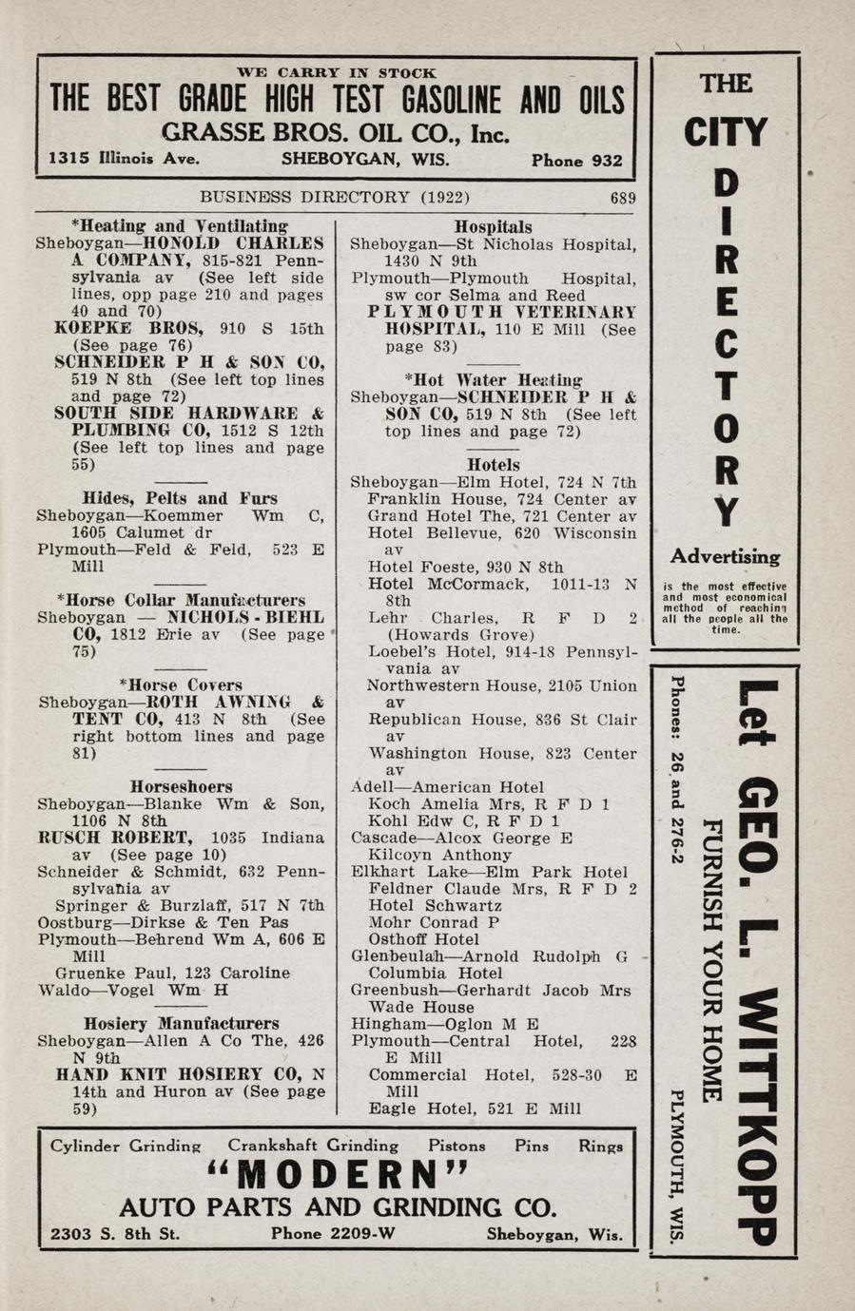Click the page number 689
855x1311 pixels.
point(623,199)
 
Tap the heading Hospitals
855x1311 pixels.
point(493,227)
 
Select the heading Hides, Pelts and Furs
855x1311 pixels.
point(180,498)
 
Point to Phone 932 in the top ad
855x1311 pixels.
point(576,161)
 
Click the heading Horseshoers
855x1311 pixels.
point(181,786)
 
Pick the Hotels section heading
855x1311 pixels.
point(493,465)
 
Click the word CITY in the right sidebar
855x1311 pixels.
point(726,132)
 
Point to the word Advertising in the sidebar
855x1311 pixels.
point(725,557)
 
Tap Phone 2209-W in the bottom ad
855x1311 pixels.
point(333,1234)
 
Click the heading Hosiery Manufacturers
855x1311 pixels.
point(181,1024)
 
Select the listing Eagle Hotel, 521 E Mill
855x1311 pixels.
point(475,1109)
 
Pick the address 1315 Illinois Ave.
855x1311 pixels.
point(124,159)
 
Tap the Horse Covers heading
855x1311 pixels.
point(181,684)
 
